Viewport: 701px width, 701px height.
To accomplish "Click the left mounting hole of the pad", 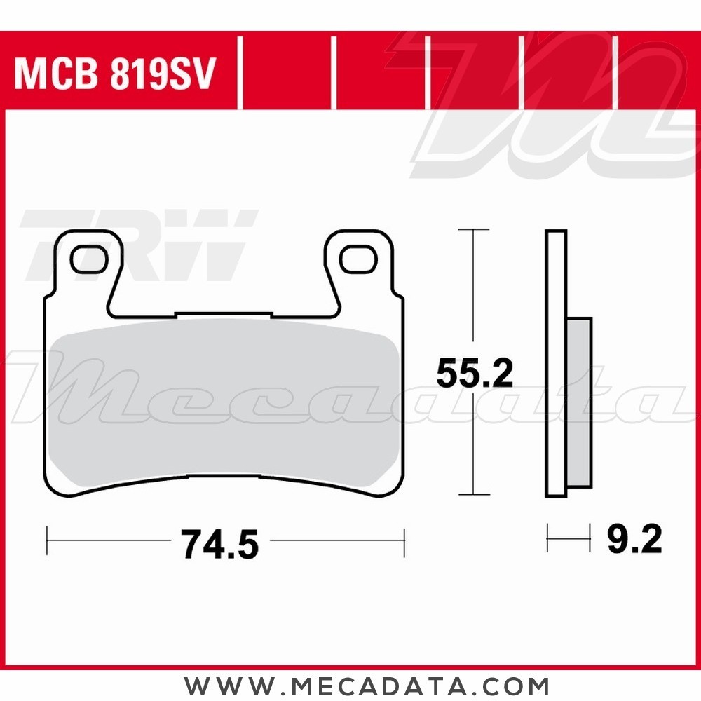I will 89,259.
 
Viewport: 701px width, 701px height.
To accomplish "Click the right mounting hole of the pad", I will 356,259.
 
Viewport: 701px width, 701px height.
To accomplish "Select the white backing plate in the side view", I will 556,365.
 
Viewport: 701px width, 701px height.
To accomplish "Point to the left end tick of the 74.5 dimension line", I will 47,541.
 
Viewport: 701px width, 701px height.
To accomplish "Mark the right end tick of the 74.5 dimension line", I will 404,541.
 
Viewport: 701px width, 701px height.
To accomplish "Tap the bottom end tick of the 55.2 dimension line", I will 474,495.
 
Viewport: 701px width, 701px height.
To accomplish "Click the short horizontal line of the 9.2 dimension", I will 569,540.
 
